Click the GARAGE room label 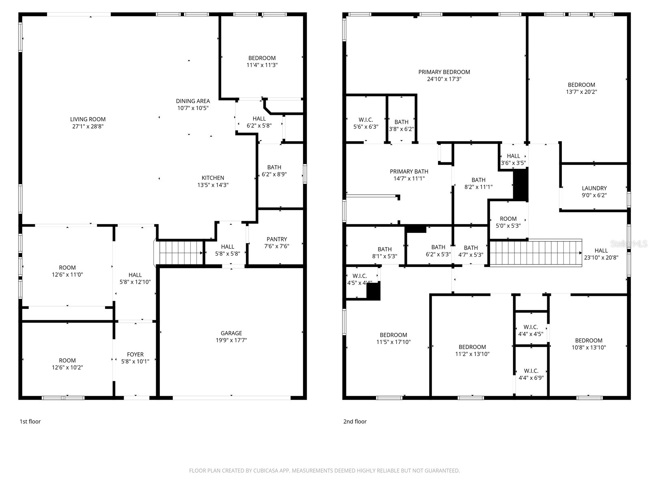coord(231,333)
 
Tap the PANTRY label coord(277,239)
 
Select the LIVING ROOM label coord(88,119)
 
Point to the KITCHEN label coord(213,178)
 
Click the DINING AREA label coord(193,101)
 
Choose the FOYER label coord(135,354)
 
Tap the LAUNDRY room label coord(594,188)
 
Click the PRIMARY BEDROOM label coord(444,72)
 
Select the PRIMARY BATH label coord(409,172)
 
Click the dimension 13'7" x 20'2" coord(581,92)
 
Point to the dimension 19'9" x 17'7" coord(231,340)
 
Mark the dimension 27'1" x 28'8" coord(88,126)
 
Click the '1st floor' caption coord(30,421)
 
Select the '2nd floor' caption coord(355,421)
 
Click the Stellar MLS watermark coord(629,243)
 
